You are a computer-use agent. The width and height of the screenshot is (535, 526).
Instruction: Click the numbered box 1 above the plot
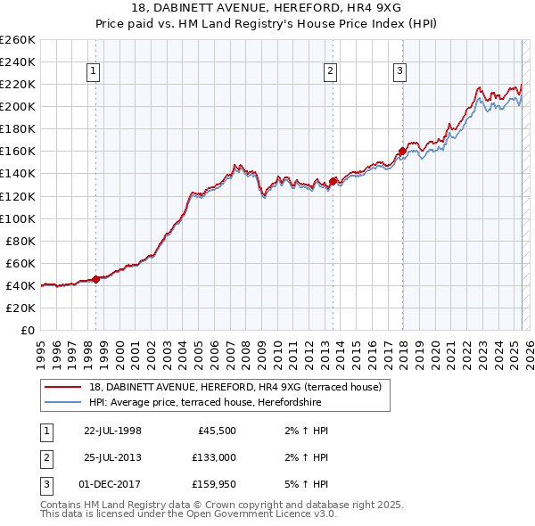pyautogui.click(x=94, y=72)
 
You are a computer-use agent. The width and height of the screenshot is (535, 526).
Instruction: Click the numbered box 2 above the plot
pyautogui.click(x=330, y=72)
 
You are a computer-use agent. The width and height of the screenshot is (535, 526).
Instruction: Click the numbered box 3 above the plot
pyautogui.click(x=399, y=72)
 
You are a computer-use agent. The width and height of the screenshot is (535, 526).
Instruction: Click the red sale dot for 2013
pyautogui.click(x=333, y=181)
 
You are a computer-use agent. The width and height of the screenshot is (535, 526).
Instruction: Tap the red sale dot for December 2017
pyautogui.click(x=402, y=152)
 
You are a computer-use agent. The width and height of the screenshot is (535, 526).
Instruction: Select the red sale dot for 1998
pyautogui.click(x=96, y=279)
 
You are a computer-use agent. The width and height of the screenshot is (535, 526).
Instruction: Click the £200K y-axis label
pyautogui.click(x=18, y=106)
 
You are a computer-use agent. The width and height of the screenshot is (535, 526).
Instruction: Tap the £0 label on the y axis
pyautogui.click(x=27, y=330)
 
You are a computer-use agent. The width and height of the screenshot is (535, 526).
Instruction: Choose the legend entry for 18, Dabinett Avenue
pyautogui.click(x=235, y=387)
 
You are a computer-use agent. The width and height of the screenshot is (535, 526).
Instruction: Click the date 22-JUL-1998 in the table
pyautogui.click(x=112, y=431)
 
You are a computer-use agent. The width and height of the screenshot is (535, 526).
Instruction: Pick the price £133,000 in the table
pyautogui.click(x=215, y=457)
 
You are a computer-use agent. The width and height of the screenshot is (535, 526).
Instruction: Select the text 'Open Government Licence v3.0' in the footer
pyautogui.click(x=260, y=514)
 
